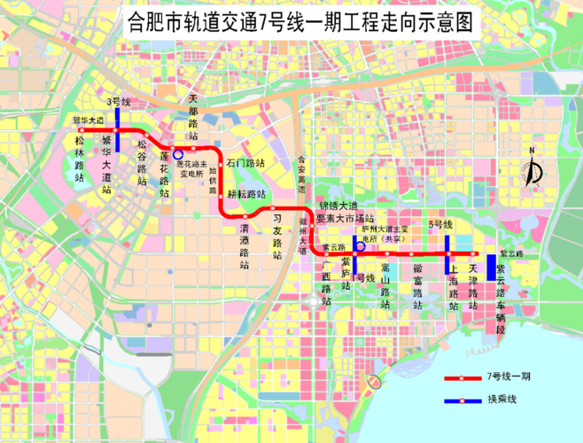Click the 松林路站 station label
tap(81, 158)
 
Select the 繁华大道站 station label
tap(107, 164)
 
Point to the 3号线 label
tap(117, 102)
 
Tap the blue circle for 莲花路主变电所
tap(178, 154)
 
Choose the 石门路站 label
tap(245, 164)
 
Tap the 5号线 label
tap(441, 225)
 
